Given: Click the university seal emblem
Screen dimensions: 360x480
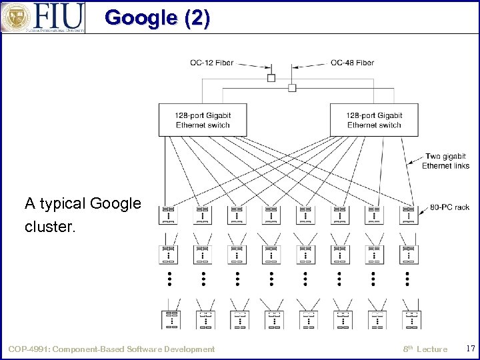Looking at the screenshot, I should (15, 17).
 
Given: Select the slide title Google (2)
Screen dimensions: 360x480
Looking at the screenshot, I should (157, 17).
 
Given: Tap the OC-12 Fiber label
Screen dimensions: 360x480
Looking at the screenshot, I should (211, 63).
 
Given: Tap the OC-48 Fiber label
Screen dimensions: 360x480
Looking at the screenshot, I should (352, 63).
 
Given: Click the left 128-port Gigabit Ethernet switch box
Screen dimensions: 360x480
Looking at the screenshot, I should (203, 120).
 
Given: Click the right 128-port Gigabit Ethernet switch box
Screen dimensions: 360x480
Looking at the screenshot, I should (374, 120).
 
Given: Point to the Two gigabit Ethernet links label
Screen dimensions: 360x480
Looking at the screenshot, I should (445, 161).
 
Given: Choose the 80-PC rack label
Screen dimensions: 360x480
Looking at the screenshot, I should (449, 207).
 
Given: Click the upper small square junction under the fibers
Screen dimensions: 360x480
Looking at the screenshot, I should (271, 78).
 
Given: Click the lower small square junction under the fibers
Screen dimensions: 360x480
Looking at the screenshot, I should (292, 88).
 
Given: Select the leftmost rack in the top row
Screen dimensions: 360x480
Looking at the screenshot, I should (169, 215).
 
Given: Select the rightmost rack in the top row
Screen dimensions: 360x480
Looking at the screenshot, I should (408, 215).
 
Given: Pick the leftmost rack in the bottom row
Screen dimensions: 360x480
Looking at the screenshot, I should (171, 319).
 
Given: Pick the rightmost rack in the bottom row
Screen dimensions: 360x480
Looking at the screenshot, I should (411, 319).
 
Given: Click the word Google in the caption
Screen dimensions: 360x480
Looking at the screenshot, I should (115, 203).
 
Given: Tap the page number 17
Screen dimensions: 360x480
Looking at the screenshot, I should (470, 348).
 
